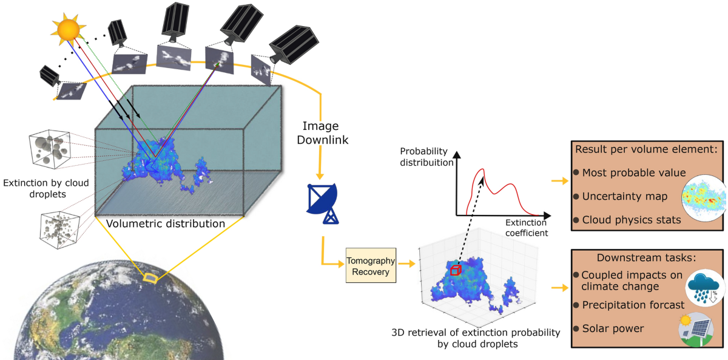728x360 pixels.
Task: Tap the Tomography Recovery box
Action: tap(371, 265)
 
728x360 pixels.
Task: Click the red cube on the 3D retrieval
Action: tap(456, 269)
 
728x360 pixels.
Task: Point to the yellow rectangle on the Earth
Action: tap(149, 278)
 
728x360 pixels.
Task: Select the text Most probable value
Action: tap(625, 173)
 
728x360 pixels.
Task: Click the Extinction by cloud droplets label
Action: tap(36, 188)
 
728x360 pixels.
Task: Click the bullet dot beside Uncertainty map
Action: tap(576, 197)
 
